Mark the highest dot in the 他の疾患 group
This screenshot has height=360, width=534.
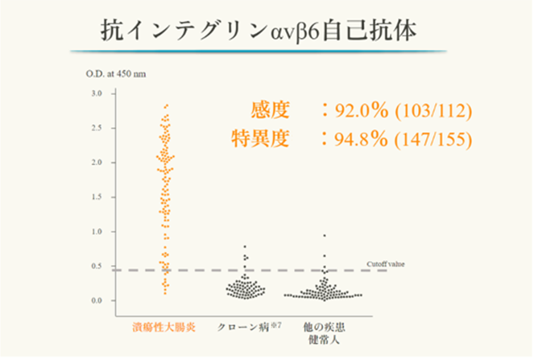pos(325,236)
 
